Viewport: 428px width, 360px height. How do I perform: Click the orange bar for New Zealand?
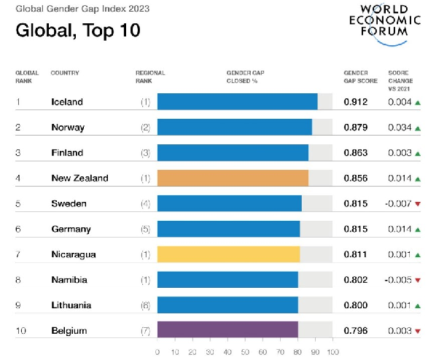click(233, 178)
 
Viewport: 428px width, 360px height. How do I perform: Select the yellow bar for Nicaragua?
click(229, 254)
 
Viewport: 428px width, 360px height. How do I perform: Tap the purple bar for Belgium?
click(227, 329)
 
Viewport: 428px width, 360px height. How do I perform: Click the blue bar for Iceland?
click(238, 101)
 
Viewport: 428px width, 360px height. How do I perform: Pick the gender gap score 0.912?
click(355, 102)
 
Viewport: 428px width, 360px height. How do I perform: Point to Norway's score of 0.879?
click(355, 128)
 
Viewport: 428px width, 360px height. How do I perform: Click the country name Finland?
click(67, 153)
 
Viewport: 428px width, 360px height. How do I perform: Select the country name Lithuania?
click(71, 305)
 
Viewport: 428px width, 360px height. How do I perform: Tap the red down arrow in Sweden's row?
click(418, 204)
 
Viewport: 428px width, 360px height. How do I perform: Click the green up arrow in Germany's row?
click(418, 230)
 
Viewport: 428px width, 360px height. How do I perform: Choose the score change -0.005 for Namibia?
click(398, 280)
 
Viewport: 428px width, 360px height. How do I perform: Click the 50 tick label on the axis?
click(245, 352)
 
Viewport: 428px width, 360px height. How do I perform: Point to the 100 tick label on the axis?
click(333, 352)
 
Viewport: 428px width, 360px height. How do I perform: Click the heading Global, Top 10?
click(78, 31)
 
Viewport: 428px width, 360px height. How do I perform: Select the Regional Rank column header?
click(150, 77)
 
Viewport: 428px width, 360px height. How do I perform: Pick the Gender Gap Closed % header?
click(246, 77)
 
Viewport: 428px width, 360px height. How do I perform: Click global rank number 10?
click(21, 331)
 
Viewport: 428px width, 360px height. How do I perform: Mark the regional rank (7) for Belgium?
click(146, 331)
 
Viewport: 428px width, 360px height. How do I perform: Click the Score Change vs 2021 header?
click(400, 81)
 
